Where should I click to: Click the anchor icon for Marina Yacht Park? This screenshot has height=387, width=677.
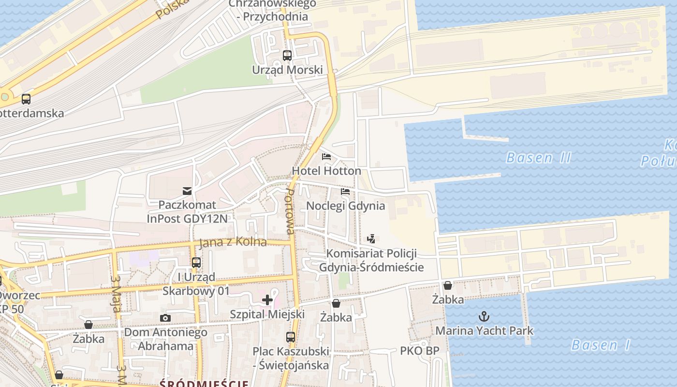[484, 317]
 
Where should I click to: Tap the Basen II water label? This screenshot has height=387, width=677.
[539, 158]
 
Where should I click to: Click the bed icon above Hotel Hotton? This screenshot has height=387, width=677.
[326, 157]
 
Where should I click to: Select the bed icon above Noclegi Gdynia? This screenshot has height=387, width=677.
[345, 192]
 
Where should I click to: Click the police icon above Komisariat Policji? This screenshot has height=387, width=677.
[371, 238]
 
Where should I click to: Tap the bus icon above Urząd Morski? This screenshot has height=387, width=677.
[287, 55]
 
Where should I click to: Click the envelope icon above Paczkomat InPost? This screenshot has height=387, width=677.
[187, 191]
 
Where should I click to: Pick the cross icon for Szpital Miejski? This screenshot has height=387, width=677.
[267, 300]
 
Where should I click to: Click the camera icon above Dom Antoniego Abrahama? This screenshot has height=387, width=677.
[165, 318]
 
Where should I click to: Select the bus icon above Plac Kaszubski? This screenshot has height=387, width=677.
[291, 337]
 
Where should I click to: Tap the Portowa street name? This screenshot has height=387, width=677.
[290, 211]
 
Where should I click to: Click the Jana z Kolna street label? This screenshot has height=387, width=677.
[233, 242]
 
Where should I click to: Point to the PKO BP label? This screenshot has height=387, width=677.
[419, 351]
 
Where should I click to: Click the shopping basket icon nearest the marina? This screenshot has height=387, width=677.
[448, 285]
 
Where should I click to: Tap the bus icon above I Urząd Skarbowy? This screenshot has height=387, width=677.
[196, 263]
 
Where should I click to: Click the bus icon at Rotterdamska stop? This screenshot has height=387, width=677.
[26, 99]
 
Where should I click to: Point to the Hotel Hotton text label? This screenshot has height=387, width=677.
[326, 171]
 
